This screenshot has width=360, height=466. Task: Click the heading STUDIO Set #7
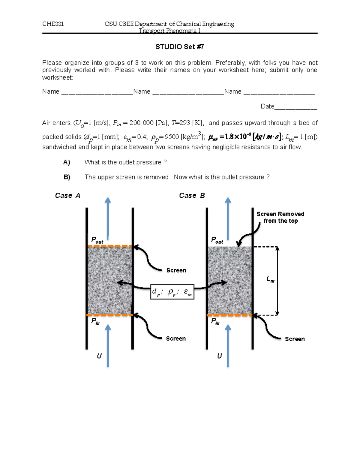[180, 47]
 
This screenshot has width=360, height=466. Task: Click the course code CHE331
[53, 24]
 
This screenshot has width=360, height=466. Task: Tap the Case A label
[68, 196]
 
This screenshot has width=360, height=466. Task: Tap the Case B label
[192, 196]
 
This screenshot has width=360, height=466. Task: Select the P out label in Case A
[97, 240]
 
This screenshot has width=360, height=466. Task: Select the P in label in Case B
[215, 322]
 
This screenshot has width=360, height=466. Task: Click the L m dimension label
[270, 280]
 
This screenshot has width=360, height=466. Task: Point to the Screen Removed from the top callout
[280, 218]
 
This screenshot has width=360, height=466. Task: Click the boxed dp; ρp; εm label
[172, 292]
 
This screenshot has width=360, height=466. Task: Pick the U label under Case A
[99, 356]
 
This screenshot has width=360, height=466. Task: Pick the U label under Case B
[220, 356]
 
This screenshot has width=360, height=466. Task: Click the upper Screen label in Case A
[176, 270]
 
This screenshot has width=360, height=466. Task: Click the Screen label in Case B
[295, 339]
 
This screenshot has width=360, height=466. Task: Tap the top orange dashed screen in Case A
[110, 246]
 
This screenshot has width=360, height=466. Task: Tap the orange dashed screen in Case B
[230, 315]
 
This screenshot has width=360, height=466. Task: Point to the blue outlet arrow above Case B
[228, 218]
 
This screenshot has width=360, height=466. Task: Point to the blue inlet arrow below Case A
[108, 345]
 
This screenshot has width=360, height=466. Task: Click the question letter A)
[67, 162]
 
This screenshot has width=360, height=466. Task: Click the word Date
[267, 107]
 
